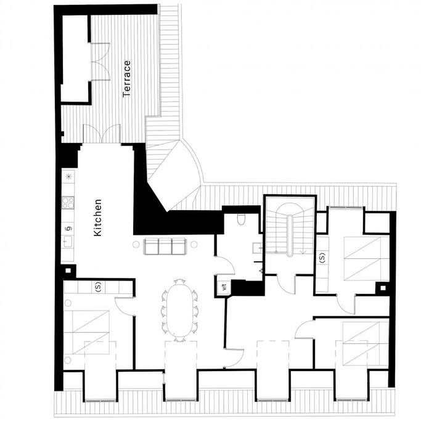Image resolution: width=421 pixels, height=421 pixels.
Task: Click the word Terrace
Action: [x=126, y=79]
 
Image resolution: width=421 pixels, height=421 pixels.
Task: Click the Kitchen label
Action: [x=98, y=218]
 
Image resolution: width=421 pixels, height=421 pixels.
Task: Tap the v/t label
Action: [x=225, y=287]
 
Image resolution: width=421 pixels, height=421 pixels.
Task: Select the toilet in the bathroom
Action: [x=241, y=219]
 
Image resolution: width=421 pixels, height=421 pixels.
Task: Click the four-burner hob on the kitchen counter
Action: [x=68, y=202]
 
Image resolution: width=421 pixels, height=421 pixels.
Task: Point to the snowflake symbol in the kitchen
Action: [x=69, y=176]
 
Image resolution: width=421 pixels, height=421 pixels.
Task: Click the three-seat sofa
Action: [x=165, y=246]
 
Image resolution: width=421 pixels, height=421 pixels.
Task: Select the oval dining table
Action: [x=179, y=310]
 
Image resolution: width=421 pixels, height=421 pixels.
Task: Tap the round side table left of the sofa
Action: [x=136, y=244]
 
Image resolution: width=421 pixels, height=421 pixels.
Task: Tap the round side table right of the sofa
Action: [x=194, y=244]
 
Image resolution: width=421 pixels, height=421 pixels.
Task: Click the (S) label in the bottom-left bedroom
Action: [x=98, y=287]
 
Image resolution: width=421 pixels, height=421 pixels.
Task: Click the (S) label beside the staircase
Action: [x=322, y=258]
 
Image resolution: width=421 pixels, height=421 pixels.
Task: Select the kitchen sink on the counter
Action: [x=67, y=242]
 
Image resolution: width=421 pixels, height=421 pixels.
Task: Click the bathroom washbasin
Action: [x=257, y=248]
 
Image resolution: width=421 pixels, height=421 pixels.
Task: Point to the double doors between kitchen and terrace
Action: [x=102, y=133]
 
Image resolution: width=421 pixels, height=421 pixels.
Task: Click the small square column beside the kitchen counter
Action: [x=68, y=271]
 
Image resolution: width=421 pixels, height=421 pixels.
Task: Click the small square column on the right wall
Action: [x=383, y=288]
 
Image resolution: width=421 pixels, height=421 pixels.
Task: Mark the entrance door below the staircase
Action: [x=285, y=284]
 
